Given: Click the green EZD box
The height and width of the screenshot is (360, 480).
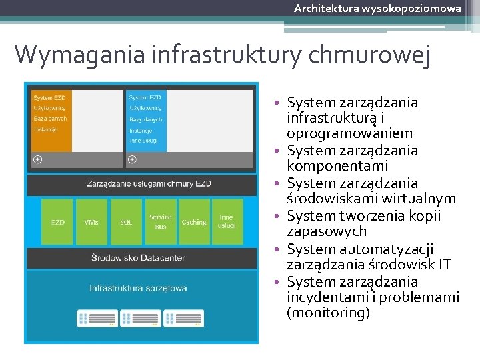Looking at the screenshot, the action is tap(58, 222).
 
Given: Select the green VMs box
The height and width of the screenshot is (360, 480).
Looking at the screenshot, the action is tap(92, 222).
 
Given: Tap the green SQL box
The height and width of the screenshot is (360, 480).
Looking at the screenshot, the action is tap(126, 222).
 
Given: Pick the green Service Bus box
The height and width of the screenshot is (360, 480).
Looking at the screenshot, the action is tap(160, 222).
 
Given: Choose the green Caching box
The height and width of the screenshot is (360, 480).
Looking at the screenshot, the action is tap(194, 222).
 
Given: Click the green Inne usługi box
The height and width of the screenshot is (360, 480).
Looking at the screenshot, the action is tap(227, 222).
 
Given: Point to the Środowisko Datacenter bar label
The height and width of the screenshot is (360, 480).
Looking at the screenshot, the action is tap(141, 258).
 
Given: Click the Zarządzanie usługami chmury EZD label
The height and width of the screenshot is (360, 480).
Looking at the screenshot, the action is tap(141, 184).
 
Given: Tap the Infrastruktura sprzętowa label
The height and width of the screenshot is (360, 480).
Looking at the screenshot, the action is tap(139, 288).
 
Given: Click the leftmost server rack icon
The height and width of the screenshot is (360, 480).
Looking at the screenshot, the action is tap(97, 318).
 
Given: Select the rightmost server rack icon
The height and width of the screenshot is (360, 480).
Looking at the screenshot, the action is tap(183, 318).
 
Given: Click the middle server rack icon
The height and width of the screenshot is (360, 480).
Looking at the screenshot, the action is tap(140, 318).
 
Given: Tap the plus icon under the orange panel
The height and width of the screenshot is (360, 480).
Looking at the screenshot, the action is tap(38, 159).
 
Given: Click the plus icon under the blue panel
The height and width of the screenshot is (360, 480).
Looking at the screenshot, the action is tap(132, 159).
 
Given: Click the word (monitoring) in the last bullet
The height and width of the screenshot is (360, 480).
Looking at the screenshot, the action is tap(328, 313).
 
